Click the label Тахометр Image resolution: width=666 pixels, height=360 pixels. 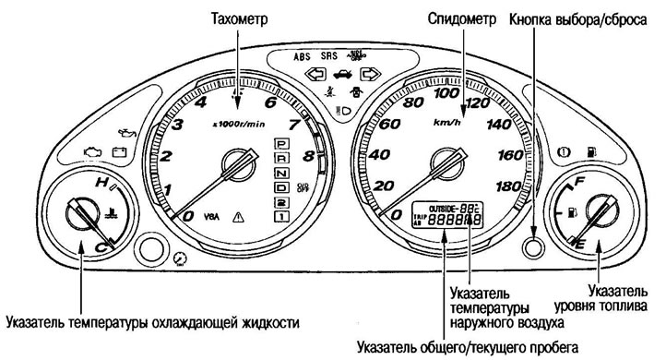click(x=238, y=18)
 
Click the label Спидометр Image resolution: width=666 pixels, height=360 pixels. click(x=461, y=18)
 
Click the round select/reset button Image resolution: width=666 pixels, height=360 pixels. click(x=529, y=247)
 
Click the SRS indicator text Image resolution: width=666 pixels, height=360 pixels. click(x=330, y=55)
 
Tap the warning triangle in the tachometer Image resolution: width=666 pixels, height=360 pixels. click(x=237, y=218)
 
